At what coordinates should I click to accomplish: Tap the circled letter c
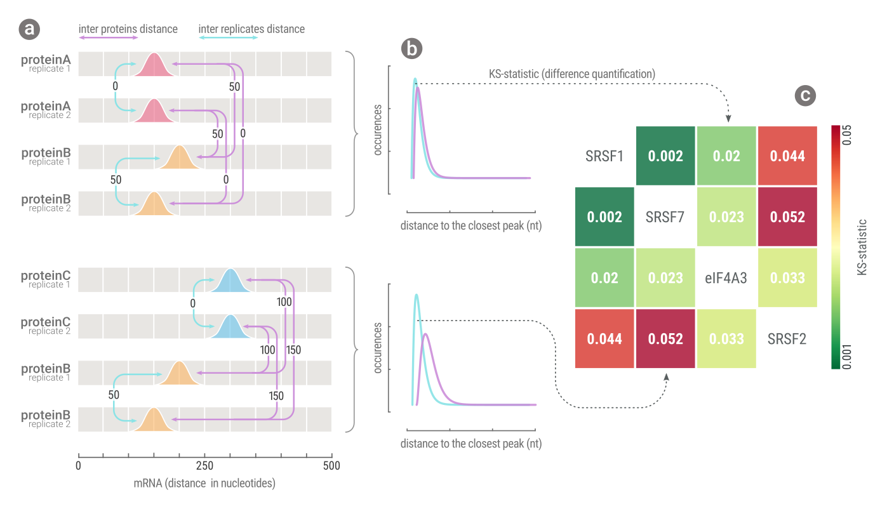coord(805,95)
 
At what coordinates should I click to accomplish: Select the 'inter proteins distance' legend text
coord(128,29)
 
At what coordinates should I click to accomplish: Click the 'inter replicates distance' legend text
coord(251,29)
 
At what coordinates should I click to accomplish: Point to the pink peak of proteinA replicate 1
coord(154,65)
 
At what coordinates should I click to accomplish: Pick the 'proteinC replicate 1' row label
coord(46,279)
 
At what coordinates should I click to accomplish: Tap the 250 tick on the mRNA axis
coord(204,466)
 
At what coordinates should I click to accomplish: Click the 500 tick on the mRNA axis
coord(331,466)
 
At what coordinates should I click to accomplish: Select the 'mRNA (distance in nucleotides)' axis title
coord(204,484)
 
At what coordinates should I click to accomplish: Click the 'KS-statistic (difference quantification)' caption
coord(571,74)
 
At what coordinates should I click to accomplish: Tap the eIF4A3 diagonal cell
coord(726,277)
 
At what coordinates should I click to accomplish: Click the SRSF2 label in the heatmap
coord(787,338)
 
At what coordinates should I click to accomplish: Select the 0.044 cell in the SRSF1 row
coord(787,155)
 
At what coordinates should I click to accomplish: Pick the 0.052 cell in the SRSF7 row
coord(787,216)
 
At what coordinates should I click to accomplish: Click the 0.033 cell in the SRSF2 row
coord(726,338)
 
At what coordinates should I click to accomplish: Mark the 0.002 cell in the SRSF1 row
coord(665,155)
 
